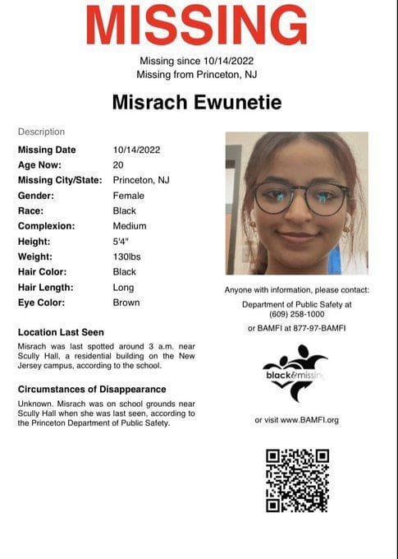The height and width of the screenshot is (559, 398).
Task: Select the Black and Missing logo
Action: point(295,368)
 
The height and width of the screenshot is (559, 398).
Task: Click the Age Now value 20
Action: point(118,164)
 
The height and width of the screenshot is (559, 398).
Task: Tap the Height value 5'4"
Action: point(121,241)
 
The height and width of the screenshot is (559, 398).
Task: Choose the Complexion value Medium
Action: point(130,226)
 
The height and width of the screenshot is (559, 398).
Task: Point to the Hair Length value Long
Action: point(123,288)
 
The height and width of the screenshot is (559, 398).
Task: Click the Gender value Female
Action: point(128,196)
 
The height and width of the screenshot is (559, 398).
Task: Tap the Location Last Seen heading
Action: point(61,332)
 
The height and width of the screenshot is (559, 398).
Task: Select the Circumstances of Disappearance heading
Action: point(92,389)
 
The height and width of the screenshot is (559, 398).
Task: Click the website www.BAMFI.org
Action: point(309,420)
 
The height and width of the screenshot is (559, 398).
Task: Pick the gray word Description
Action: point(41,132)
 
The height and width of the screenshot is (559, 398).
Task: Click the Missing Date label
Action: point(47,150)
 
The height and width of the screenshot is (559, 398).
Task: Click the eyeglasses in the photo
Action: point(301,197)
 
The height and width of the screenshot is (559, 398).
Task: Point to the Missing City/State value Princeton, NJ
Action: point(140,180)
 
